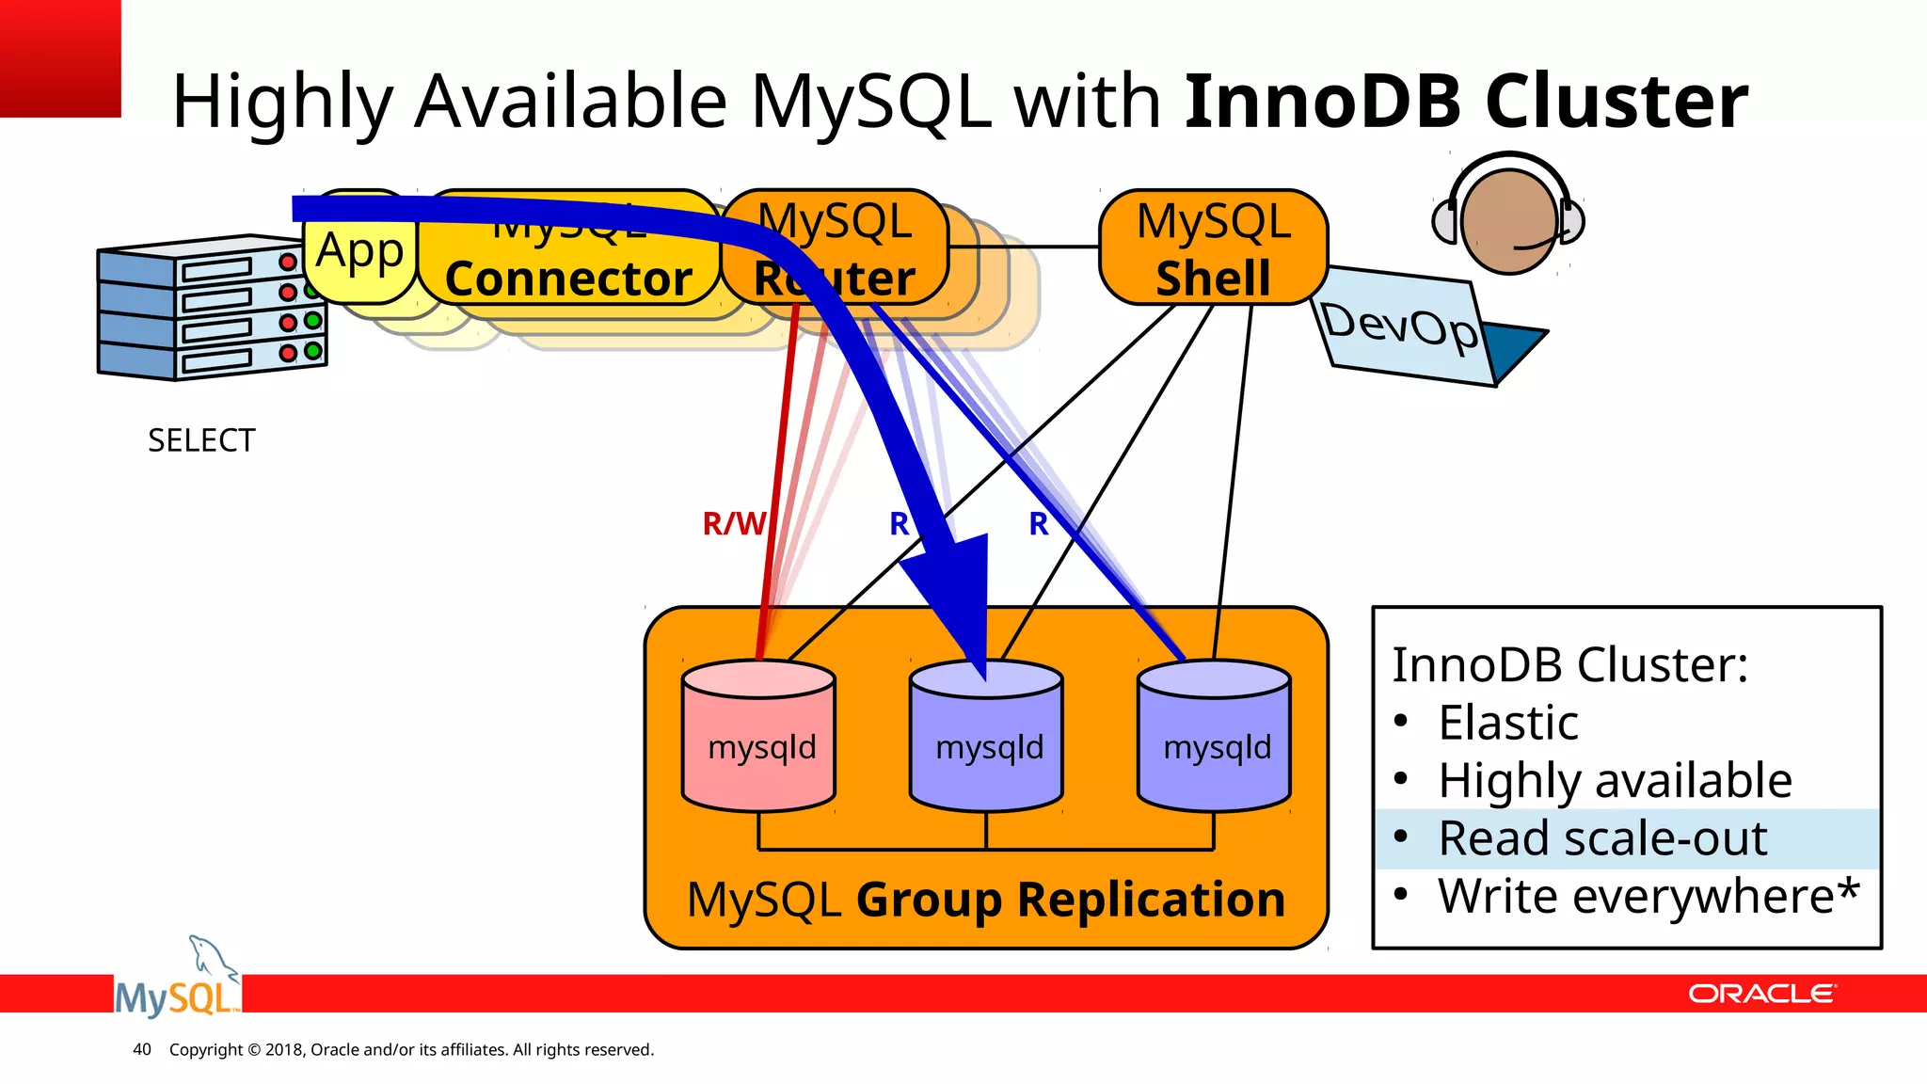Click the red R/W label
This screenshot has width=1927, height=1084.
[733, 523]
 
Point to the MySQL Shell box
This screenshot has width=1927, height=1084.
[1213, 247]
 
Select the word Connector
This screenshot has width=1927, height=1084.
[568, 279]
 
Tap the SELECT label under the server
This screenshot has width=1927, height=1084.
[201, 440]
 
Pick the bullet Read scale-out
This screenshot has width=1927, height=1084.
[1602, 838]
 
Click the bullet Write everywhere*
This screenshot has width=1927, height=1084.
[1648, 896]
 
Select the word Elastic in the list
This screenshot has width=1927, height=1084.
[1507, 723]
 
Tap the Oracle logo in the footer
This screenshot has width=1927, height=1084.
[1760, 994]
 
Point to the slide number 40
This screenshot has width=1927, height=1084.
[142, 1049]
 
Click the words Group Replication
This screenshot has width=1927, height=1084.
[1070, 900]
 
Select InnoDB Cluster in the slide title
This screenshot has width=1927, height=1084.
[1465, 101]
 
